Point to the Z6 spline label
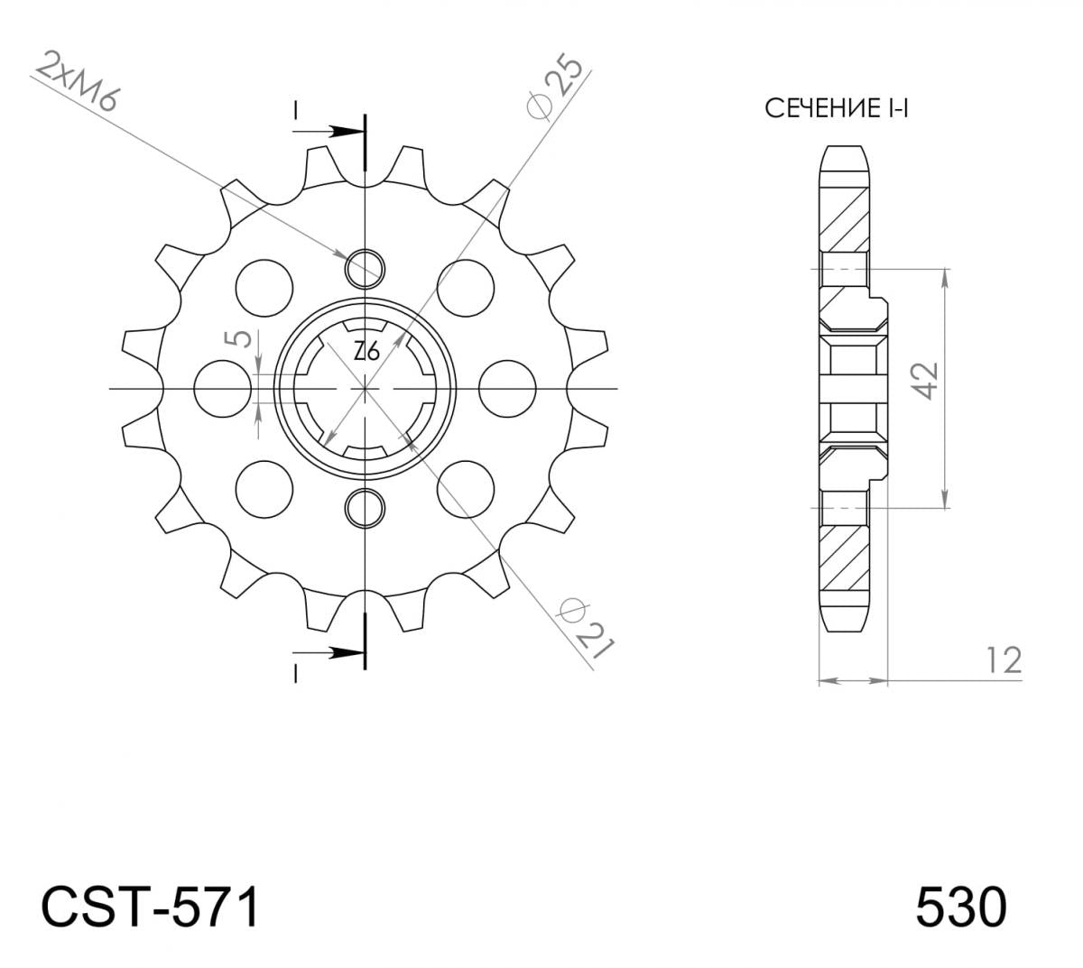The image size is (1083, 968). coord(366,351)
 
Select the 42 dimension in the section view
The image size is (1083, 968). coord(926,381)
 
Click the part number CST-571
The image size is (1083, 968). coord(150,907)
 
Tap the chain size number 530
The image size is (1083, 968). coord(960,907)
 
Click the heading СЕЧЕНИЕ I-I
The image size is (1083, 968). coord(836,109)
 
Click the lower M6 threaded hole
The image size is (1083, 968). coord(365,508)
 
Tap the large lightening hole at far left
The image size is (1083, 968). coord(223,389)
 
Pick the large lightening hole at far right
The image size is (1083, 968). coord(507,389)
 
